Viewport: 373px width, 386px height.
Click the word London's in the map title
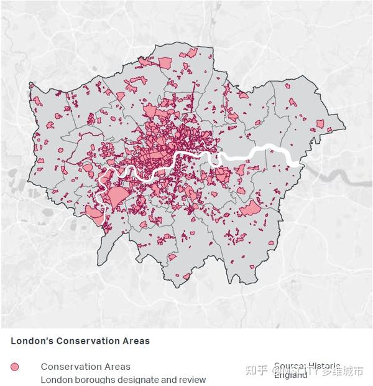pos(29,341)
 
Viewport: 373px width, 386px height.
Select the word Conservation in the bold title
pos(82,341)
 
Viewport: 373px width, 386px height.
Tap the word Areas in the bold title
pos(134,341)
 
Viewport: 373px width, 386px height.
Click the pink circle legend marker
pos(16,367)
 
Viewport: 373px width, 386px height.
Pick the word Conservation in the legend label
pos(69,367)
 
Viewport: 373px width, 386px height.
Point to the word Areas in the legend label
pos(116,367)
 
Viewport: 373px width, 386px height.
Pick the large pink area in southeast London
pos(251,209)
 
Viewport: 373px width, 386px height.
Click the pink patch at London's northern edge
pos(165,62)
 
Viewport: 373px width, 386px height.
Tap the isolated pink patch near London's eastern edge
pos(320,124)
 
